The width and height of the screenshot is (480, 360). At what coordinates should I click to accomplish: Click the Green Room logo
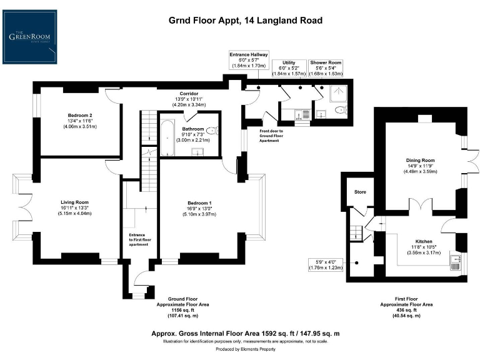pyautogui.click(x=29, y=36)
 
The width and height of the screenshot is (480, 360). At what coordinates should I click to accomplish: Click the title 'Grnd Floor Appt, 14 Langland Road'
pyautogui.click(x=246, y=21)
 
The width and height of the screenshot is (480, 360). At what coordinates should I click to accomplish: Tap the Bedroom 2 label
pyautogui.click(x=80, y=116)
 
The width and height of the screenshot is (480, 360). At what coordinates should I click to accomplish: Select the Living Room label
pyautogui.click(x=74, y=202)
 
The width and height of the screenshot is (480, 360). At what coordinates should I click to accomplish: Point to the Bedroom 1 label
pyautogui.click(x=200, y=203)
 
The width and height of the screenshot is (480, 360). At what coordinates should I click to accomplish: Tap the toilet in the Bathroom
pyautogui.click(x=213, y=131)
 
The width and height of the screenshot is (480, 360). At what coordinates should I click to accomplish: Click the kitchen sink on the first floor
pyautogui.click(x=455, y=261)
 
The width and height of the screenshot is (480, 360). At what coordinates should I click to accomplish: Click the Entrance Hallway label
pyautogui.click(x=248, y=55)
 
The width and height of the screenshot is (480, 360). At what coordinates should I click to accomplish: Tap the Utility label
pyautogui.click(x=289, y=62)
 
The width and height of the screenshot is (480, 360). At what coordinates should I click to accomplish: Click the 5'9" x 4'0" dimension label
pyautogui.click(x=324, y=262)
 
